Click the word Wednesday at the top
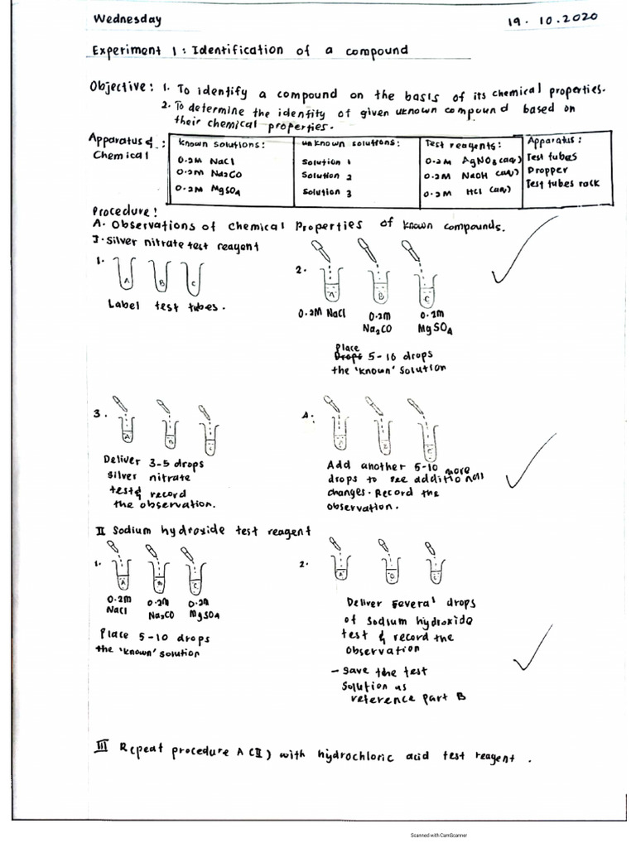click(x=127, y=19)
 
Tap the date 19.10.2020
click(x=552, y=18)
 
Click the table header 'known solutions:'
click(x=221, y=144)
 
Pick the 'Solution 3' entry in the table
click(x=327, y=192)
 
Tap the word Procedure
click(x=122, y=210)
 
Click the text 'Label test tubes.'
click(x=165, y=306)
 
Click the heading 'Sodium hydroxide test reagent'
click(x=210, y=531)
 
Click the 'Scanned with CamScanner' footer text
click(x=444, y=835)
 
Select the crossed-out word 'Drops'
click(x=345, y=356)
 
